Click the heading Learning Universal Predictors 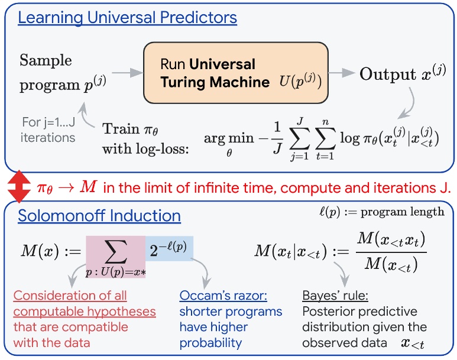127,17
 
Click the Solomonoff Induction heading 99,215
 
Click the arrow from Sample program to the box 128,74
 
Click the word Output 388,74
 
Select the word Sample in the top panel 46,60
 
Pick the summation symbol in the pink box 115,251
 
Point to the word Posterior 328,311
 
